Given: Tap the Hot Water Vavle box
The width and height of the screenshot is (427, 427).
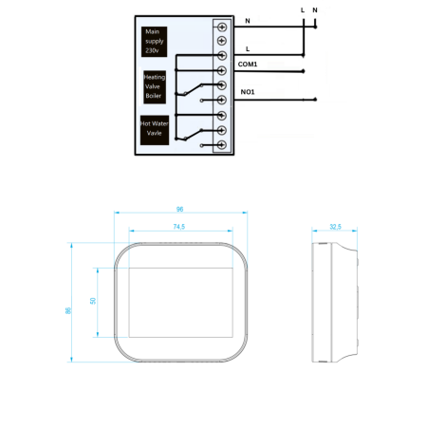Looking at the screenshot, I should click(x=155, y=129).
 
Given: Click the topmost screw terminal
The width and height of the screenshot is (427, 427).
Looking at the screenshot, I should click(x=221, y=25).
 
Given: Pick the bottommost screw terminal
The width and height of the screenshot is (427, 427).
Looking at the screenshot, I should click(x=221, y=145).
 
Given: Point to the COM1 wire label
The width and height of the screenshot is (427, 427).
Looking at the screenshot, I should click(x=248, y=65).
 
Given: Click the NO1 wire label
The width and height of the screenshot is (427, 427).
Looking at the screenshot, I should click(x=248, y=92).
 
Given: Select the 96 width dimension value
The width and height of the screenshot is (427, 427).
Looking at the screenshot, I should click(x=178, y=209).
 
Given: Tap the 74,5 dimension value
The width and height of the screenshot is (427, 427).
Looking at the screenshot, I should click(x=178, y=227).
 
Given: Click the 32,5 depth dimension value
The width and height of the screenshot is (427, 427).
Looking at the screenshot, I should click(x=335, y=227).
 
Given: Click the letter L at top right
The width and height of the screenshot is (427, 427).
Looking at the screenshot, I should click(x=302, y=9).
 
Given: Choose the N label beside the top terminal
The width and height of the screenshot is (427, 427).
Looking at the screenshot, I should click(x=248, y=20).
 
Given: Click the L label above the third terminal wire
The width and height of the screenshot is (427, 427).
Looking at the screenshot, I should click(x=248, y=47).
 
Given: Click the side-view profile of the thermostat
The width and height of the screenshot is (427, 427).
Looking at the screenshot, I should click(x=337, y=301).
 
